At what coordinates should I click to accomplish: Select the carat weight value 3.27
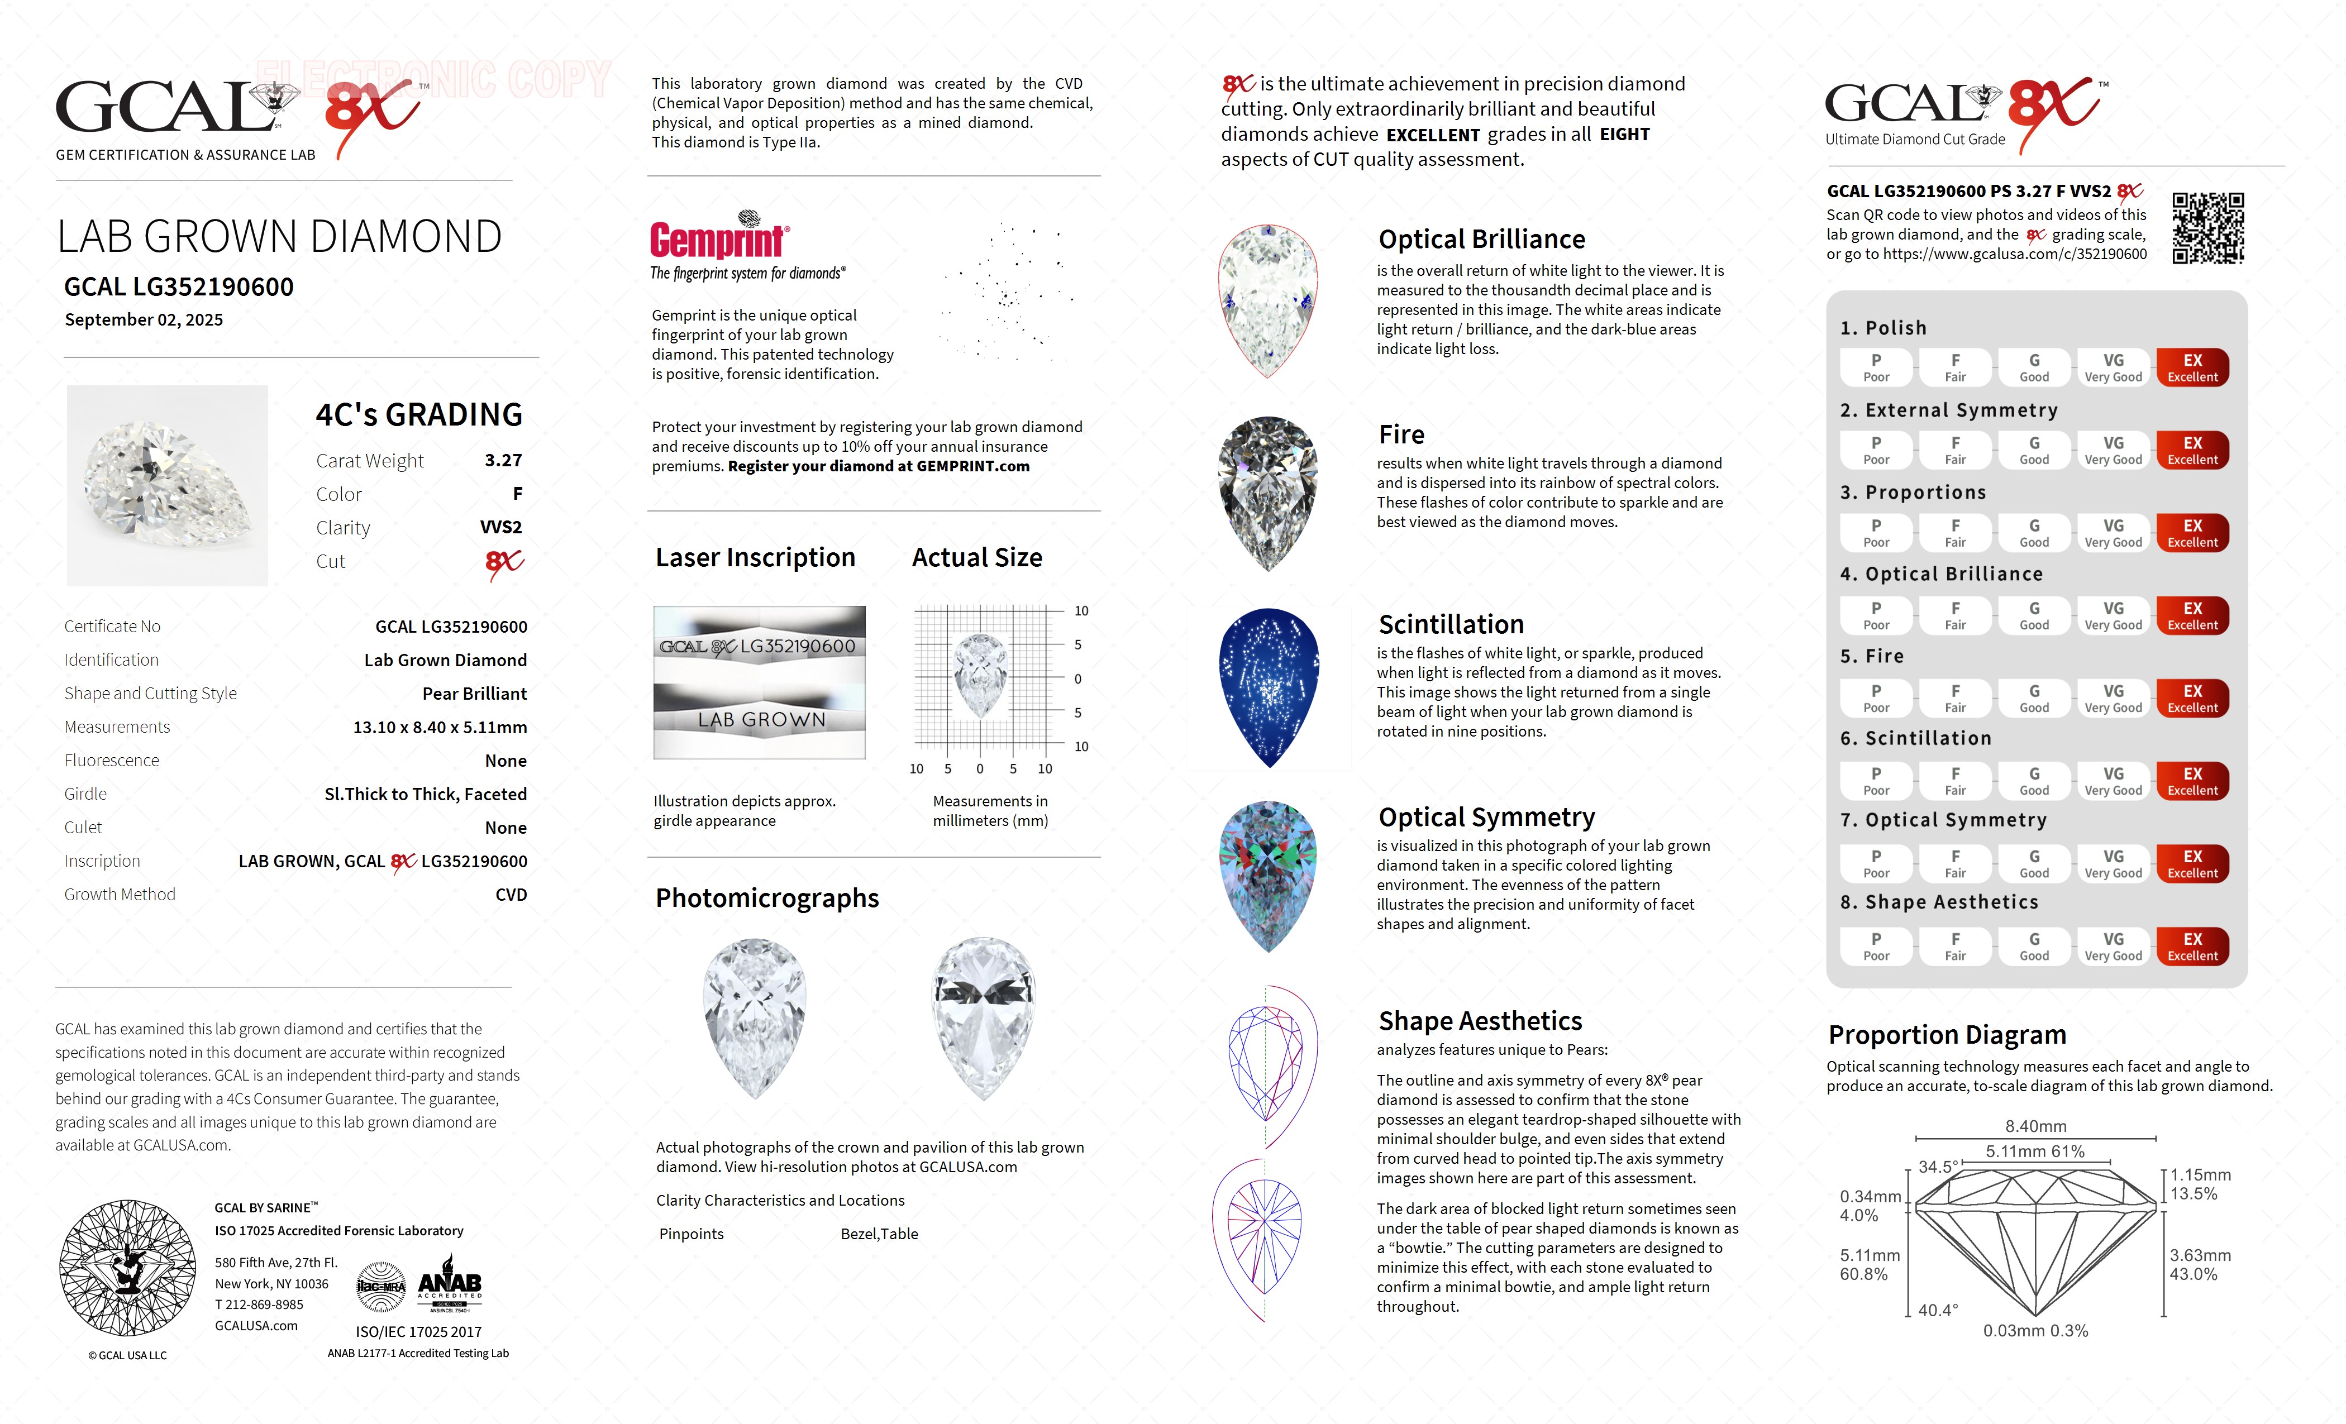click(x=503, y=461)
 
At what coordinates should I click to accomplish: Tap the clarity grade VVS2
click(x=501, y=527)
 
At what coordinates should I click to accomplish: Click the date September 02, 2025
click(x=144, y=320)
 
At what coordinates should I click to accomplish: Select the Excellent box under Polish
click(x=2192, y=367)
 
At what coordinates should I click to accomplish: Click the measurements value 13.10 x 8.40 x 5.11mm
click(x=440, y=727)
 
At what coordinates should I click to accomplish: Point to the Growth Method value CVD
click(x=511, y=895)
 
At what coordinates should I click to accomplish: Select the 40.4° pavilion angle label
click(x=1938, y=1310)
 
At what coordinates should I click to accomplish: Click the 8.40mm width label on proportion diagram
click(x=2035, y=1126)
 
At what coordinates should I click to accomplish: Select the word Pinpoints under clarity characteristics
click(x=692, y=1234)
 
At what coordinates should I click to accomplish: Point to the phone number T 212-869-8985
click(x=259, y=1304)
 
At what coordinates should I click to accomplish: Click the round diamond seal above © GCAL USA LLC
click(x=127, y=1267)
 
